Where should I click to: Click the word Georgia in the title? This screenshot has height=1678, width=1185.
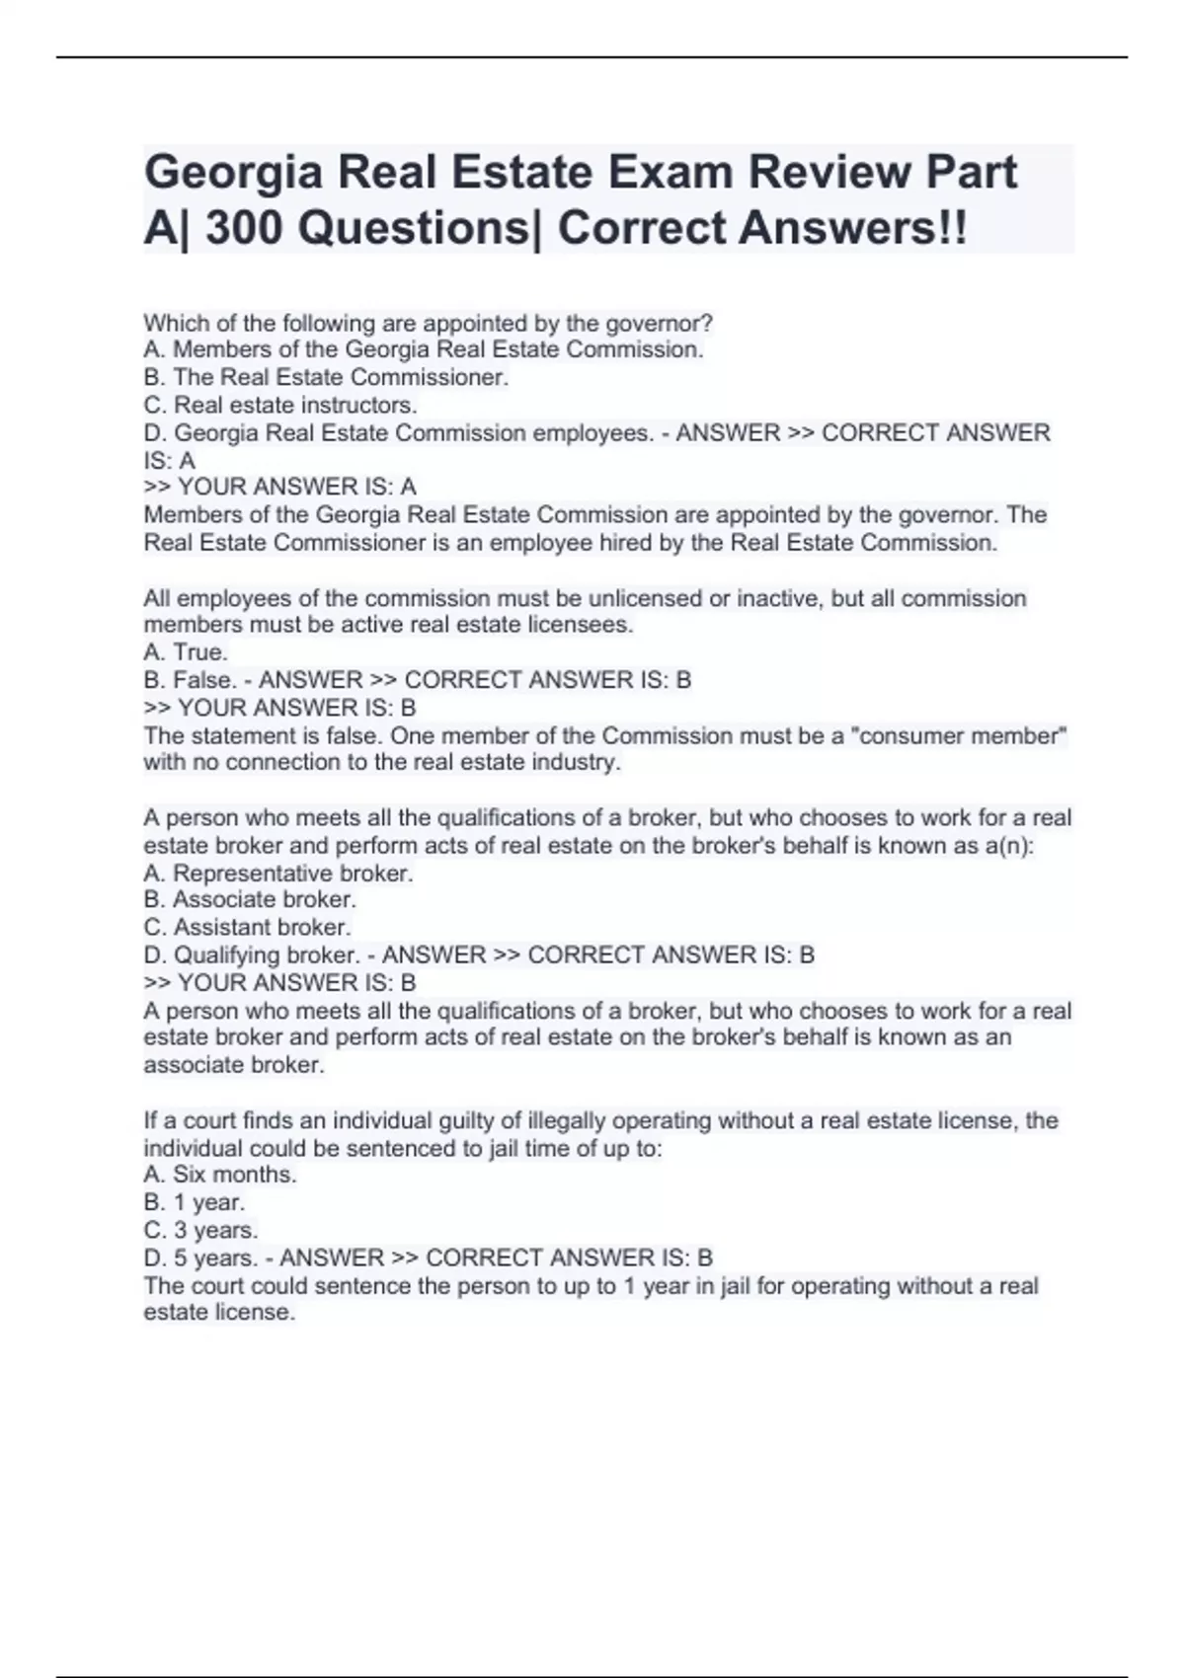[233, 174]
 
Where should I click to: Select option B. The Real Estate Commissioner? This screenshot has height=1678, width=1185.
[326, 377]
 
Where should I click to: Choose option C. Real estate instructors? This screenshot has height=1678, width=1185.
[280, 405]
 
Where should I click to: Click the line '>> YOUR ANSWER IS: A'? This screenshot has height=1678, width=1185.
[279, 487]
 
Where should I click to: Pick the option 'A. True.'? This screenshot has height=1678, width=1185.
[186, 652]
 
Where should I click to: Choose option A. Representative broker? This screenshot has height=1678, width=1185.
[278, 874]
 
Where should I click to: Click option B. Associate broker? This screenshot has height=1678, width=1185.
[250, 899]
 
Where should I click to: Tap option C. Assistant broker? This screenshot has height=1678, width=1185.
[247, 928]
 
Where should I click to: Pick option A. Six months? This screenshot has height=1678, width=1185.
[220, 1175]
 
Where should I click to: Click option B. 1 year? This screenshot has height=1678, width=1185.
[195, 1202]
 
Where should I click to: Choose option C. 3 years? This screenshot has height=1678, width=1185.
[200, 1230]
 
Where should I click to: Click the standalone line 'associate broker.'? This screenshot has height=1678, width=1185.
[234, 1065]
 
